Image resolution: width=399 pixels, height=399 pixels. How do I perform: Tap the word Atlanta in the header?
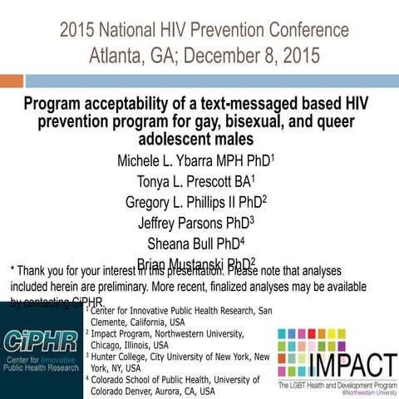[x=117, y=57]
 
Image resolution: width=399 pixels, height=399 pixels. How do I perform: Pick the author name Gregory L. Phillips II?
[x=184, y=201]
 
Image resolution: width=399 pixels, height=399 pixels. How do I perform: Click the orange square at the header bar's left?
[x=12, y=81]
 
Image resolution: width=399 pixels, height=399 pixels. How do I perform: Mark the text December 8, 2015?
[x=249, y=57]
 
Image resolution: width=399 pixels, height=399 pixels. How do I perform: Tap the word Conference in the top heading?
[x=300, y=31]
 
